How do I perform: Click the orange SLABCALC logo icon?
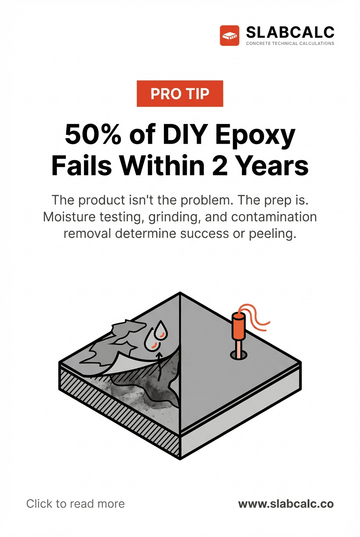pos(230,35)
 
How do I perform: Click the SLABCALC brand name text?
pos(290,32)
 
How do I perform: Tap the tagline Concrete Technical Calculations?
pos(290,43)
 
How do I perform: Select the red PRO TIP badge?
pos(180,93)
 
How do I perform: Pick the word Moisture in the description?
pos(70,217)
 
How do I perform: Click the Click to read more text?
pos(76,504)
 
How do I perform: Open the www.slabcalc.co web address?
pos(286,504)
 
